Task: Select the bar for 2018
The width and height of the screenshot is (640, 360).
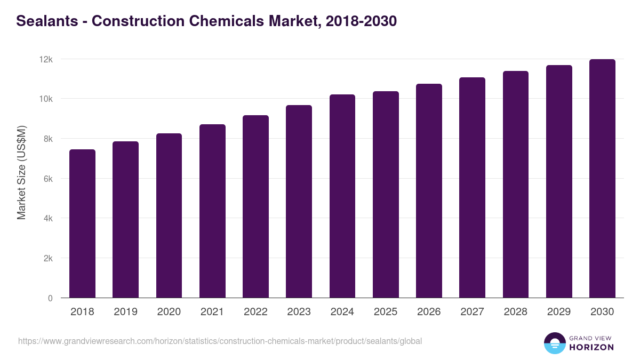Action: click(x=82, y=224)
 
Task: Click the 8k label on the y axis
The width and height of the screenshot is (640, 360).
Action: click(x=48, y=139)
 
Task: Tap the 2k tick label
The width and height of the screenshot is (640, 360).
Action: click(x=48, y=258)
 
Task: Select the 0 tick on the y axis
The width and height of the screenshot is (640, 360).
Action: click(x=50, y=298)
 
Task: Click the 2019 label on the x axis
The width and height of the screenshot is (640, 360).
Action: click(x=125, y=312)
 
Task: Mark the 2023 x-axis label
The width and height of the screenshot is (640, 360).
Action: click(x=299, y=312)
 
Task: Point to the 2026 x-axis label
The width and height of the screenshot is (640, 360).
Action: click(x=429, y=312)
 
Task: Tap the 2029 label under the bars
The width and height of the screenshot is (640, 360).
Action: click(x=559, y=312)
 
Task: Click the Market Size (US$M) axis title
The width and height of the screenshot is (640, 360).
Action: click(x=21, y=172)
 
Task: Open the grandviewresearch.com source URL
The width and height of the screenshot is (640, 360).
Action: click(x=220, y=341)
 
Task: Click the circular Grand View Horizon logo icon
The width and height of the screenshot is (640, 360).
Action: click(x=554, y=343)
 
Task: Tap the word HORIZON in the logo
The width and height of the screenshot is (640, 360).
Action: click(x=591, y=347)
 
